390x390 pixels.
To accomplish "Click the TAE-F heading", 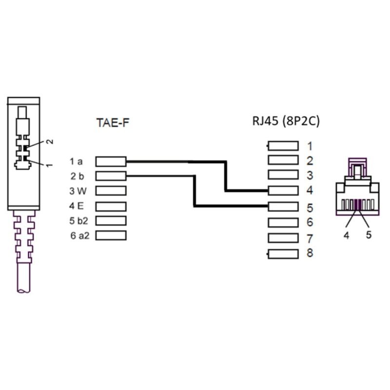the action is pyautogui.click(x=113, y=123).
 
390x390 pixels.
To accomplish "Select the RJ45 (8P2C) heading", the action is pyautogui.click(x=286, y=121).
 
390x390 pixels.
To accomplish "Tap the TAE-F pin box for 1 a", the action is pyautogui.click(x=111, y=161).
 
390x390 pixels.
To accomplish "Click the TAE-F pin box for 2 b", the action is pyautogui.click(x=111, y=176).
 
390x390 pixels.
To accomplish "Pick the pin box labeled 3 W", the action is pyautogui.click(x=111, y=191).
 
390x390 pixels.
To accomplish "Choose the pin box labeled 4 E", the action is pyautogui.click(x=111, y=206).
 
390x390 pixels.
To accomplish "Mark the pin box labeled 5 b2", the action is pyautogui.click(x=111, y=221).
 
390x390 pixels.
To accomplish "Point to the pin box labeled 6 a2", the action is pyautogui.click(x=111, y=235).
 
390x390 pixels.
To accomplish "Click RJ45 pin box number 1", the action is pyautogui.click(x=283, y=146).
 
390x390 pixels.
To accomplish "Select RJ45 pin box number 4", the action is pyautogui.click(x=283, y=191).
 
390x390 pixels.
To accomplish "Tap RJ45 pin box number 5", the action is pyautogui.click(x=283, y=206).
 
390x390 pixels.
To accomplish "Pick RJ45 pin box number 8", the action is pyautogui.click(x=283, y=254).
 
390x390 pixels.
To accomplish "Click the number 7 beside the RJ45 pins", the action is pyautogui.click(x=310, y=238).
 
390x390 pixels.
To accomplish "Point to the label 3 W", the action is pyautogui.click(x=78, y=191).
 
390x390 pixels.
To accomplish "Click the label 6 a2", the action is pyautogui.click(x=80, y=235).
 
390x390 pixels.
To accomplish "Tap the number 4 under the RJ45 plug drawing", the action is pyautogui.click(x=347, y=235).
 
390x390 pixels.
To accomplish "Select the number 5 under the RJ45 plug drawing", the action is pyautogui.click(x=369, y=235).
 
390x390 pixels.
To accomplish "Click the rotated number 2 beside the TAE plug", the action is pyautogui.click(x=50, y=141).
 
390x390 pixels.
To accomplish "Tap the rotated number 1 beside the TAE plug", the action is pyautogui.click(x=50, y=165).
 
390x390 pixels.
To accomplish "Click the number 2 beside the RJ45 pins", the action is pyautogui.click(x=310, y=161).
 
